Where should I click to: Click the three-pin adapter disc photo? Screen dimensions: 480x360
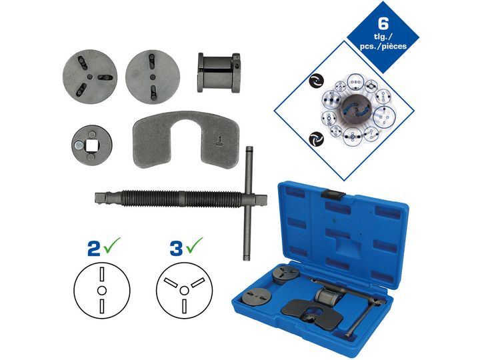point(90,77)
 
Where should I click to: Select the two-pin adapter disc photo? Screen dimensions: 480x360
point(153,77)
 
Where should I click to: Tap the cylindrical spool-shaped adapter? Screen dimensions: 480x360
point(219,73)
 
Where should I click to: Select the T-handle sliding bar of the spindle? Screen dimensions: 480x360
point(249,203)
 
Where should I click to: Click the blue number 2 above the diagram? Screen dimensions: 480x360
point(94,249)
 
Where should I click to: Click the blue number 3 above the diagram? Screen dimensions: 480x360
point(177,249)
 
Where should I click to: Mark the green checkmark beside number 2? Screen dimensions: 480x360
point(112,245)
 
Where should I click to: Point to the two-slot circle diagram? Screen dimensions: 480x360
point(102,290)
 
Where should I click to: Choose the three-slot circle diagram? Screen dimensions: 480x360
point(184,290)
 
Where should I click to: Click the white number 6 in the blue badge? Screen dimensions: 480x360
point(383,24)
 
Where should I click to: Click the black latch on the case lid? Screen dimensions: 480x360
point(335,195)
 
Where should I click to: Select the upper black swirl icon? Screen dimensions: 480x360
point(316,81)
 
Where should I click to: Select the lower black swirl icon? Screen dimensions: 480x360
point(316,139)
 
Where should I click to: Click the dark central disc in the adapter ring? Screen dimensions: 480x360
point(356,110)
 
